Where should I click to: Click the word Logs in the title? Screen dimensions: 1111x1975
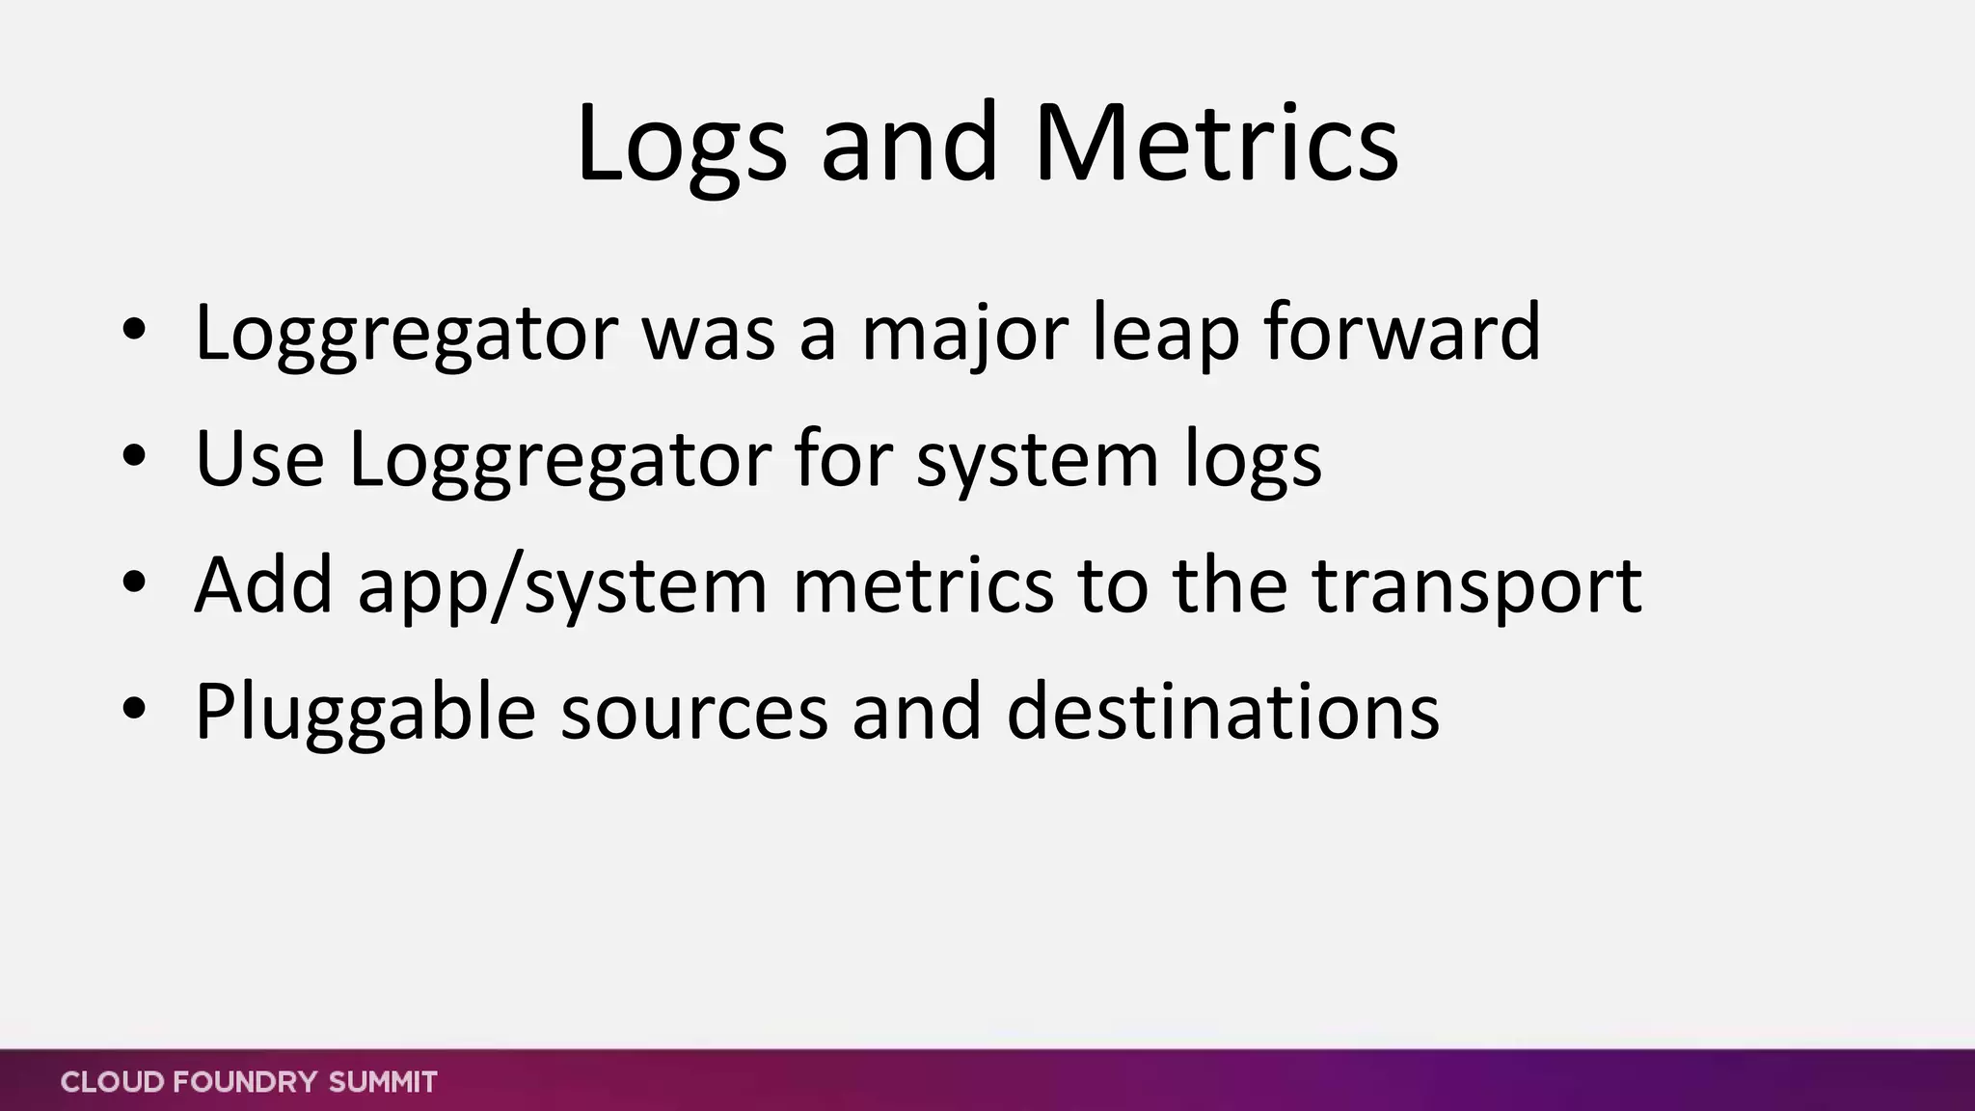point(681,145)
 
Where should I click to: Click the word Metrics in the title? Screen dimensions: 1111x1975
point(1215,145)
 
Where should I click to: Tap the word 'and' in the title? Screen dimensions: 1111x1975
point(908,145)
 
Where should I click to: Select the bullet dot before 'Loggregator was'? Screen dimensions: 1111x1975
point(134,331)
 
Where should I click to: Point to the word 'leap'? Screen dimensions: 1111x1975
point(1165,333)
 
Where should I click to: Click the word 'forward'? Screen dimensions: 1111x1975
point(1402,333)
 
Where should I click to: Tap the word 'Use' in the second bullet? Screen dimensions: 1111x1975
point(259,459)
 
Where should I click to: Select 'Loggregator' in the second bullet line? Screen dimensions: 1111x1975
point(559,459)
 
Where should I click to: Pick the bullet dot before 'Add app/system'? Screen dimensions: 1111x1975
point(134,583)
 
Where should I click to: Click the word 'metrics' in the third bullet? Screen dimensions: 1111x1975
point(923,586)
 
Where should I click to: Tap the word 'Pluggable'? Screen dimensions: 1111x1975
point(365,712)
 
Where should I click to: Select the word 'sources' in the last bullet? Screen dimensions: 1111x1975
point(693,712)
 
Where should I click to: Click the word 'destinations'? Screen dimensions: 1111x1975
point(1222,712)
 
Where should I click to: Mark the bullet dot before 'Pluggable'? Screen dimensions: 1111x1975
point(134,710)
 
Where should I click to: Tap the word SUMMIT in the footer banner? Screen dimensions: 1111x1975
point(383,1082)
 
